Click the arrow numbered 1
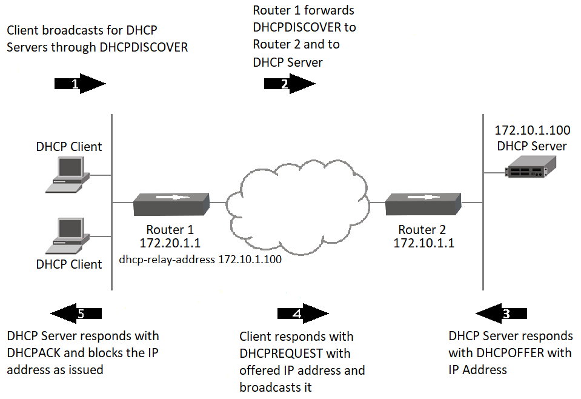coord(80,84)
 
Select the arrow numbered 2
coord(289,84)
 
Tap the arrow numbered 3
coord(501,313)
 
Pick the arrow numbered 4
coord(302,313)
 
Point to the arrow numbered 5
coord(76,313)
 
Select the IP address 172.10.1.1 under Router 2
coord(423,244)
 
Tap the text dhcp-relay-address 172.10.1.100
coord(200,261)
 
